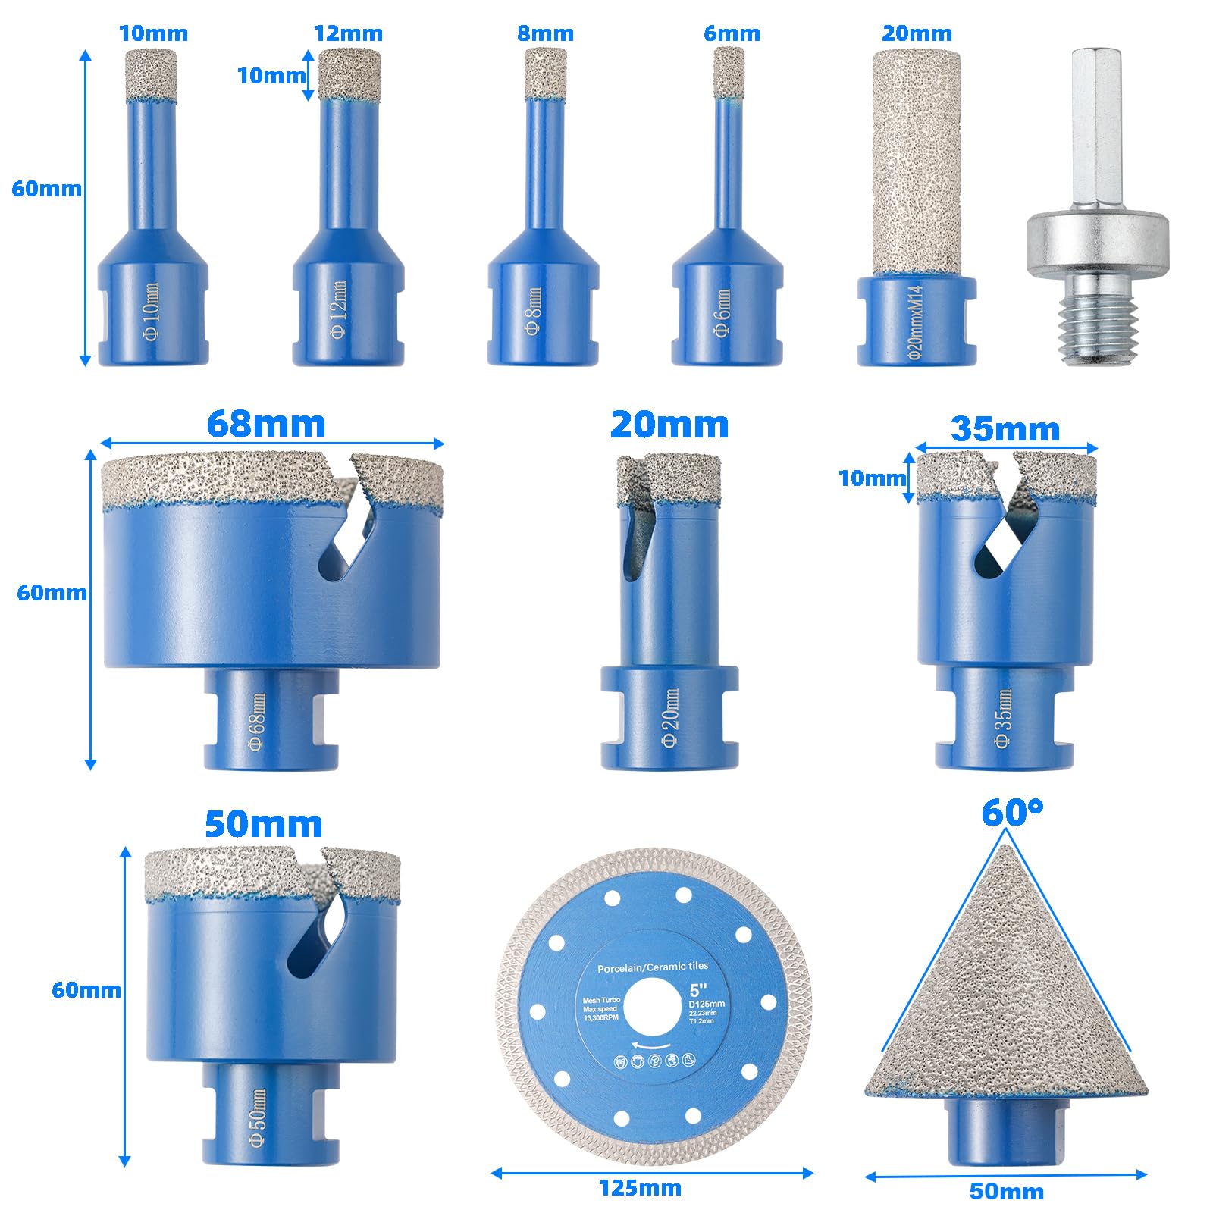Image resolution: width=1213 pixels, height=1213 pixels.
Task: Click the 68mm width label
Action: click(x=265, y=424)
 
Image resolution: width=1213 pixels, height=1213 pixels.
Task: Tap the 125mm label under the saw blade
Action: click(x=640, y=1187)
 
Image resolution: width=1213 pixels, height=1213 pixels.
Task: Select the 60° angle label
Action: click(x=1011, y=813)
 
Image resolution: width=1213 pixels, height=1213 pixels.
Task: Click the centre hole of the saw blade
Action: click(x=653, y=1012)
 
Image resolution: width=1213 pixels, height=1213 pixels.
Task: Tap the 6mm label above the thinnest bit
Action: click(x=731, y=33)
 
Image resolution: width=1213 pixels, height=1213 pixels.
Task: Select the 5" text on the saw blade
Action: click(x=698, y=990)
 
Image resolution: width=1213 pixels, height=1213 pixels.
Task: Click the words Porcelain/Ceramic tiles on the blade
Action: click(x=653, y=967)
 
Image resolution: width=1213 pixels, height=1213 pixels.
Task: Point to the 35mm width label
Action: click(x=1005, y=429)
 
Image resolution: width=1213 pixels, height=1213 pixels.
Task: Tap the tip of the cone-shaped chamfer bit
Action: click(x=1006, y=849)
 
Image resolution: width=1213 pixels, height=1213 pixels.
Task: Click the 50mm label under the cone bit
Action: click(x=1006, y=1191)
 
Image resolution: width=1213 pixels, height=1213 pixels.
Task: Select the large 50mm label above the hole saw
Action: click(x=263, y=824)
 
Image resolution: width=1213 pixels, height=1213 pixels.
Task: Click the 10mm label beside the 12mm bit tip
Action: click(x=271, y=75)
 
